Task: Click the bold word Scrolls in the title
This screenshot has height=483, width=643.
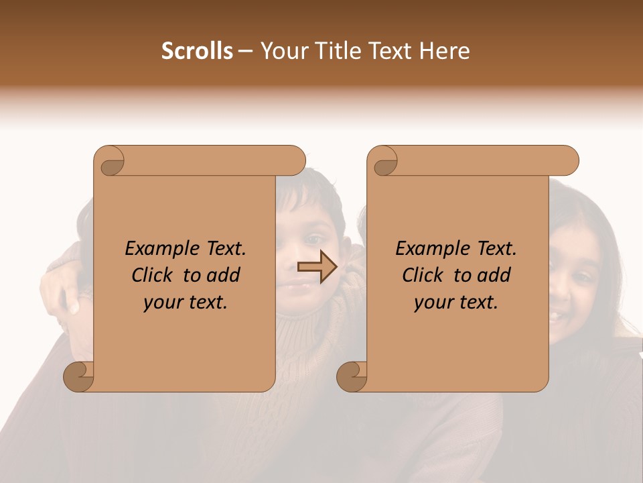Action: (x=198, y=51)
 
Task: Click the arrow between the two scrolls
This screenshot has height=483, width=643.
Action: (x=317, y=268)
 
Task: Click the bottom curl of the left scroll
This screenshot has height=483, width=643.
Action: (x=78, y=376)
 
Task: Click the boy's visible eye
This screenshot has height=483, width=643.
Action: (x=315, y=239)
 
